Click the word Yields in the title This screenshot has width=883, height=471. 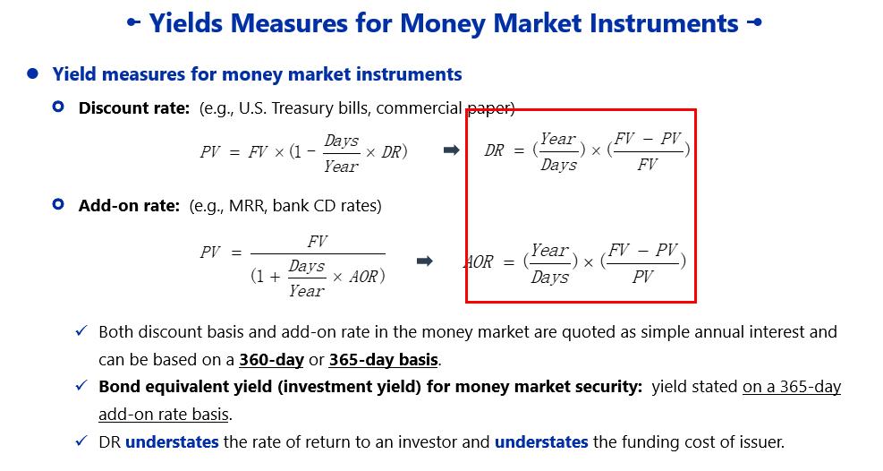click(x=186, y=23)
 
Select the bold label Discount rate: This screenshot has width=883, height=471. click(x=134, y=108)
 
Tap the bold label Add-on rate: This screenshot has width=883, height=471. click(x=129, y=206)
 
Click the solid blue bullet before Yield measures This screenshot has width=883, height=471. click(x=33, y=73)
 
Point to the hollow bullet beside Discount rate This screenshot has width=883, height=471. click(x=58, y=107)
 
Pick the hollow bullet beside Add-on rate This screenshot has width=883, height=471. click(x=58, y=204)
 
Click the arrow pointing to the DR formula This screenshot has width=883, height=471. click(x=451, y=150)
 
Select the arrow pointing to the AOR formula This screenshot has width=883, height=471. click(x=424, y=261)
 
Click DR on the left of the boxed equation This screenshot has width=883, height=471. click(x=495, y=150)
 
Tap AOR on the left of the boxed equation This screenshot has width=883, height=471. click(x=479, y=262)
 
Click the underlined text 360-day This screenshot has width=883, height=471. click(x=271, y=359)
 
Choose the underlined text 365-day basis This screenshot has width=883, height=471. click(x=384, y=359)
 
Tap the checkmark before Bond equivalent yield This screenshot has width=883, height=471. click(x=81, y=385)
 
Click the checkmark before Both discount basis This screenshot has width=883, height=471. click(x=81, y=330)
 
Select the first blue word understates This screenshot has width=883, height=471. click(x=172, y=441)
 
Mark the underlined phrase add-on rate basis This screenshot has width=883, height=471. click(x=164, y=414)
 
